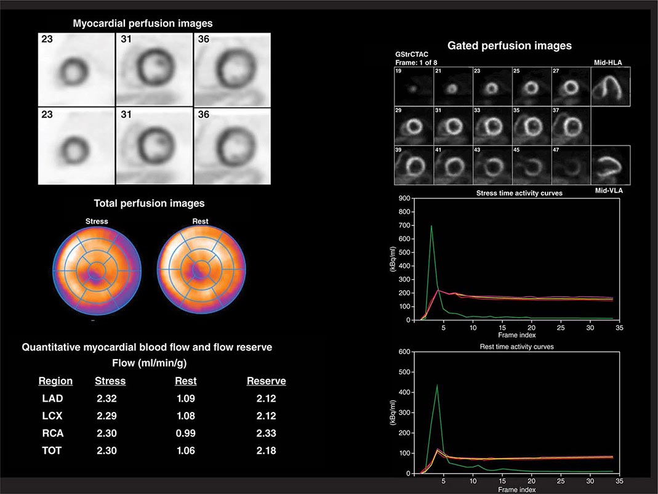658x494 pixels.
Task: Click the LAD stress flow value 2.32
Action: click(x=107, y=399)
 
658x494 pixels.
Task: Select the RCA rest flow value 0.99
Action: click(x=185, y=433)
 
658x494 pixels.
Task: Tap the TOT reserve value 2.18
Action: click(x=266, y=450)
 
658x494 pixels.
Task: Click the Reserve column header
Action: click(x=266, y=381)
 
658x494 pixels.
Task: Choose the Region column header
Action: click(x=55, y=381)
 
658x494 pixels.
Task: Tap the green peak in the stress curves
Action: click(x=431, y=226)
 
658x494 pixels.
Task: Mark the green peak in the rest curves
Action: click(x=437, y=385)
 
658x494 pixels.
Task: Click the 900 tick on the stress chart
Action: click(x=404, y=198)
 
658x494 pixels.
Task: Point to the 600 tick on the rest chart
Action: click(x=404, y=352)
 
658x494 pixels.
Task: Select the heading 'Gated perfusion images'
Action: click(x=510, y=46)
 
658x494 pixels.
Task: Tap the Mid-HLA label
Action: click(x=606, y=62)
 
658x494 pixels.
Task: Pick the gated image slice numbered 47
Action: click(x=571, y=165)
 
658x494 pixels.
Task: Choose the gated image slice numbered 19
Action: click(x=414, y=86)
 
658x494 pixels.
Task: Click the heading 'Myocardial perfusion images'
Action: click(x=143, y=23)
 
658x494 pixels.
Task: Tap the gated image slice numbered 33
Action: click(x=492, y=126)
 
